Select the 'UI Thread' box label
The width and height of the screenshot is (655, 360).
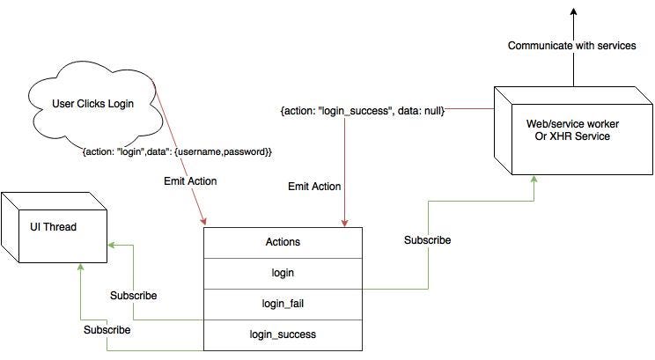(x=52, y=226)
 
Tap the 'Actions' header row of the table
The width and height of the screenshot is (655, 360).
(x=283, y=242)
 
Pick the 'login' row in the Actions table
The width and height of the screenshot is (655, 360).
(x=283, y=273)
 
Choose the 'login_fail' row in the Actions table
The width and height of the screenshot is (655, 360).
(x=283, y=304)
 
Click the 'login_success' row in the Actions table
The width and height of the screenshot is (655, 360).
(x=283, y=334)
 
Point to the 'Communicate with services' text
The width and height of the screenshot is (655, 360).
(x=571, y=46)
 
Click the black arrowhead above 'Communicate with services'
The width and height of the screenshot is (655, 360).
(x=572, y=11)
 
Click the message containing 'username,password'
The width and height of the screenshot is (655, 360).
(x=177, y=151)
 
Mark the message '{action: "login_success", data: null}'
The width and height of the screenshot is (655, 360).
(x=362, y=112)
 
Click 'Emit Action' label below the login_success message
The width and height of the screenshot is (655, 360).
(x=314, y=187)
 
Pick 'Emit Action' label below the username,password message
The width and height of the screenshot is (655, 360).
(x=191, y=180)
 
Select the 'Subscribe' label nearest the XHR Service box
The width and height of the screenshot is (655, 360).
(x=427, y=239)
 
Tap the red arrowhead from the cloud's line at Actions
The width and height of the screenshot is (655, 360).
(x=203, y=222)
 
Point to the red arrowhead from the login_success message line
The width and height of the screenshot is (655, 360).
(x=344, y=222)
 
